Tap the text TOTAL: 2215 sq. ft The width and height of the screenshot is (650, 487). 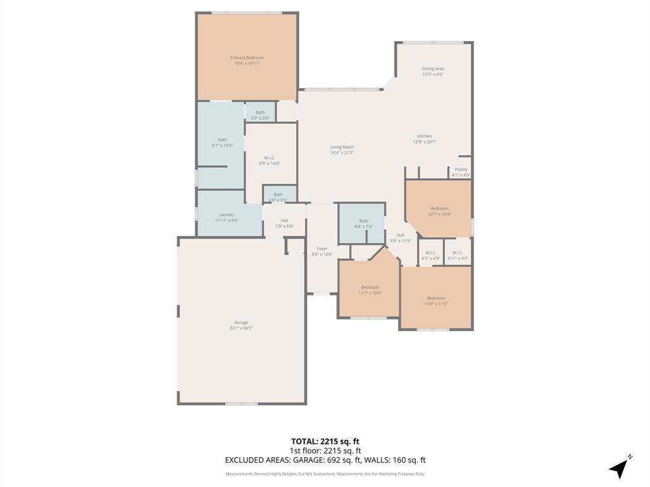coord(325,441)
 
